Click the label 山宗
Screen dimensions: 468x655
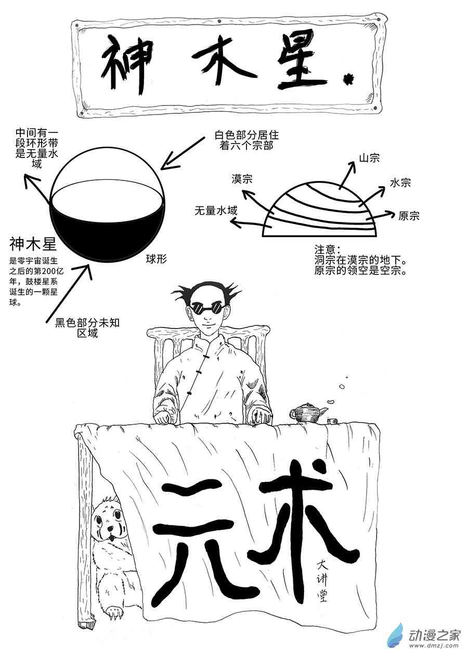click(369, 158)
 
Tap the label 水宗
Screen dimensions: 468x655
click(400, 183)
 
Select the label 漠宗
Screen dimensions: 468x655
click(242, 179)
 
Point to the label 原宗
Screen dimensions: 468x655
click(409, 216)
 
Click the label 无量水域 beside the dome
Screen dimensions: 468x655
click(216, 211)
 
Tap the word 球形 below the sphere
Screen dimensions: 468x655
click(156, 259)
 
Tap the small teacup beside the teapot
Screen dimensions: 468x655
click(332, 421)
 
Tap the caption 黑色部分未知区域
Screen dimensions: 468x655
click(87, 328)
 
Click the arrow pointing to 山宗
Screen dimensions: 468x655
click(347, 175)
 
